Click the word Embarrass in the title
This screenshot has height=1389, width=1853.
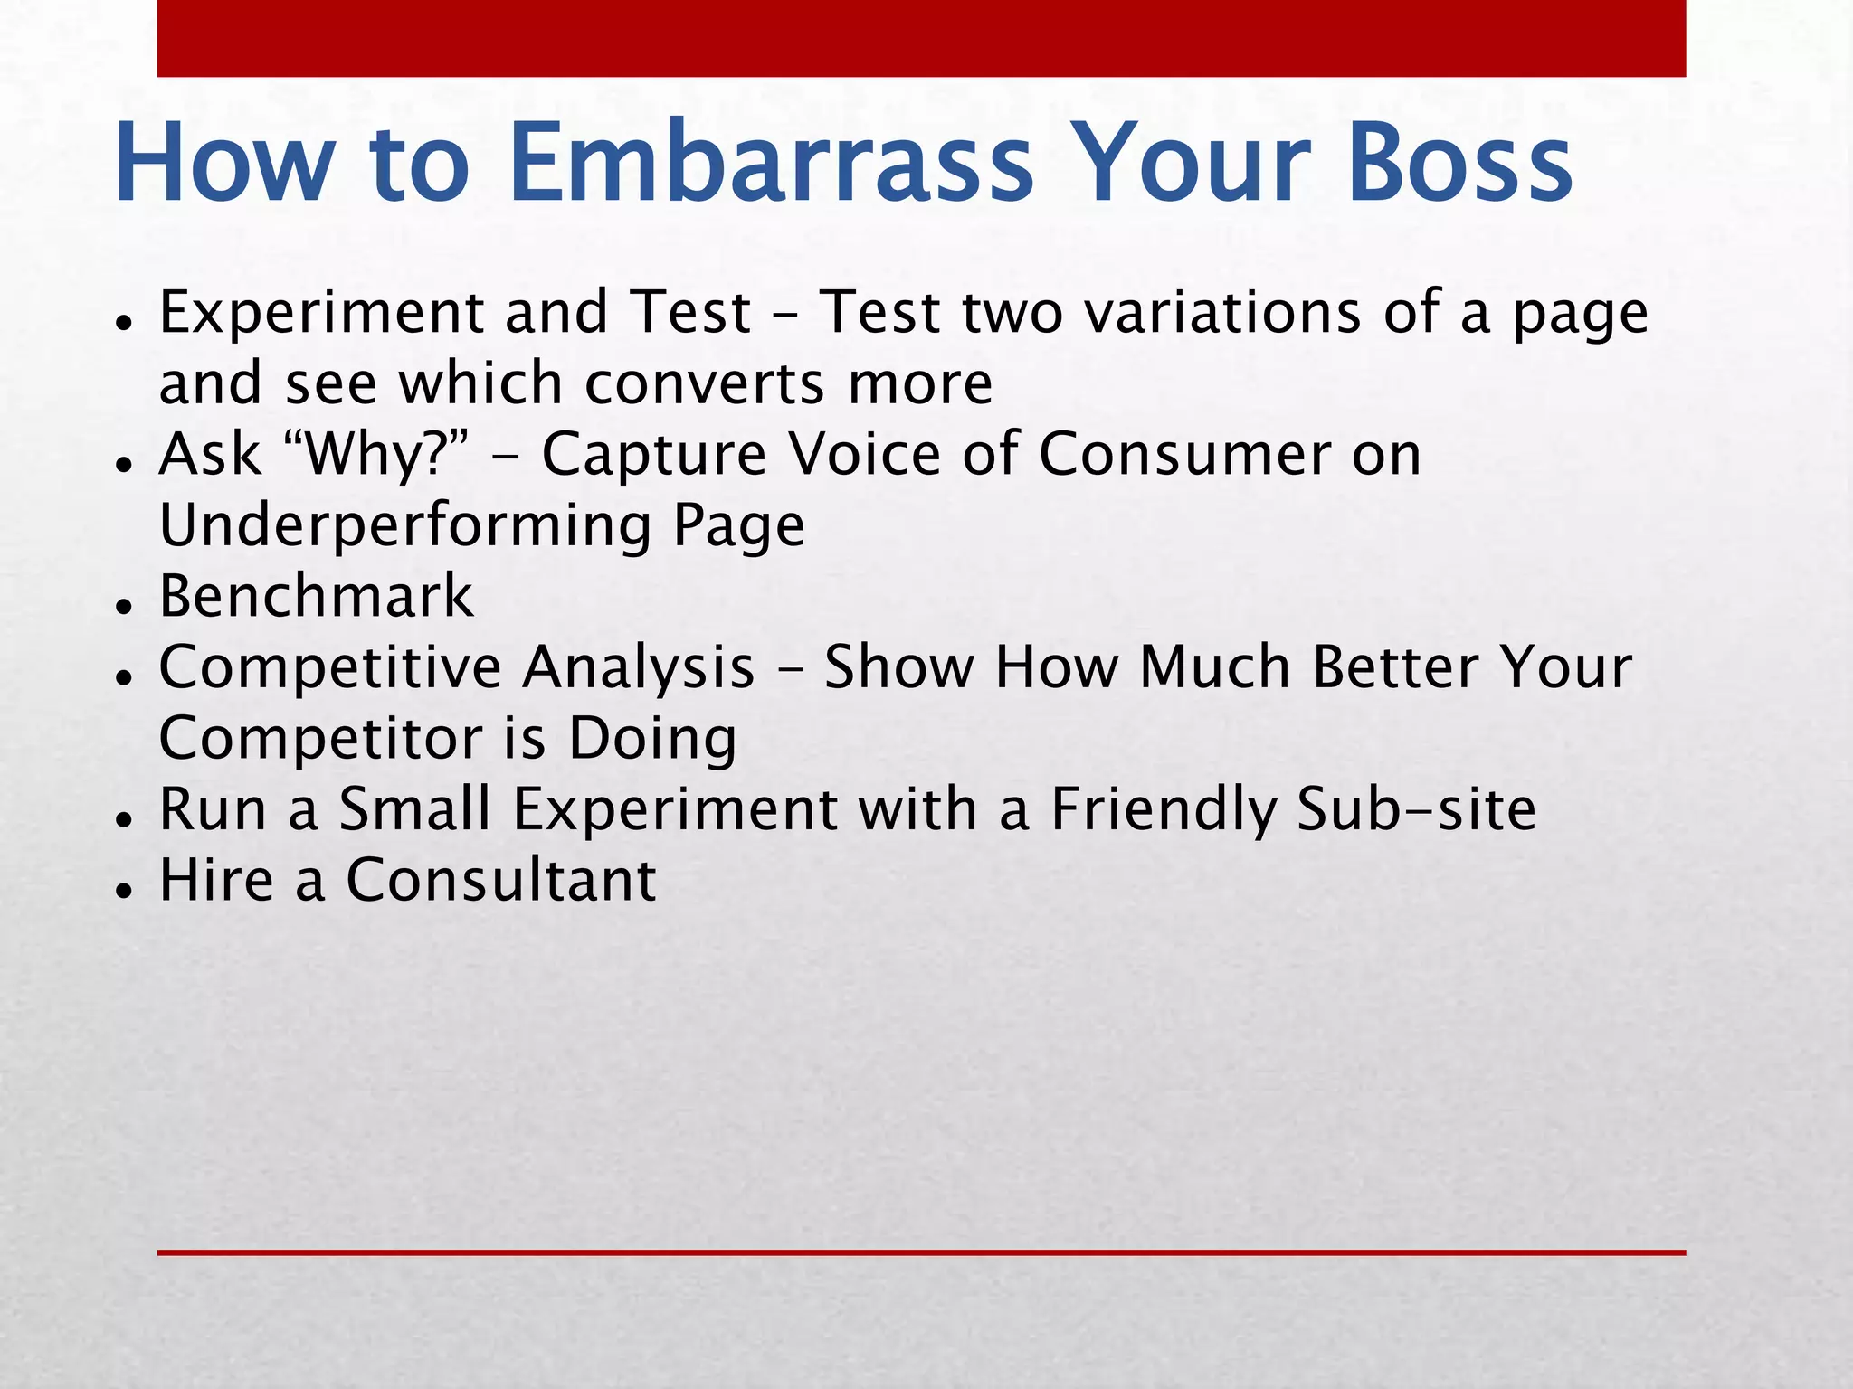pyautogui.click(x=771, y=163)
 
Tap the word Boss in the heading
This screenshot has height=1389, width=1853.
pyautogui.click(x=1459, y=163)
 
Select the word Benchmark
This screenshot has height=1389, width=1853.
pyautogui.click(x=316, y=597)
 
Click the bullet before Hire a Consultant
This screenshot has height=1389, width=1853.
pyautogui.click(x=124, y=890)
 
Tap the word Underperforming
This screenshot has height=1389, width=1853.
pyautogui.click(x=404, y=524)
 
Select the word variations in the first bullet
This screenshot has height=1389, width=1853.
pyautogui.click(x=1222, y=312)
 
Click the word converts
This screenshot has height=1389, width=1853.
pyautogui.click(x=705, y=383)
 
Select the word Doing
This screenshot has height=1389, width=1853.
pyautogui.click(x=651, y=738)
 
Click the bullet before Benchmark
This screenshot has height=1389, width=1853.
pyautogui.click(x=124, y=606)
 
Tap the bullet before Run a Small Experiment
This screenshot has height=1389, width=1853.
pyautogui.click(x=124, y=818)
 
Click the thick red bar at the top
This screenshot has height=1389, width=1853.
pyautogui.click(x=921, y=38)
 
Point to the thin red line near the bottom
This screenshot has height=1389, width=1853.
pyautogui.click(x=921, y=1252)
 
